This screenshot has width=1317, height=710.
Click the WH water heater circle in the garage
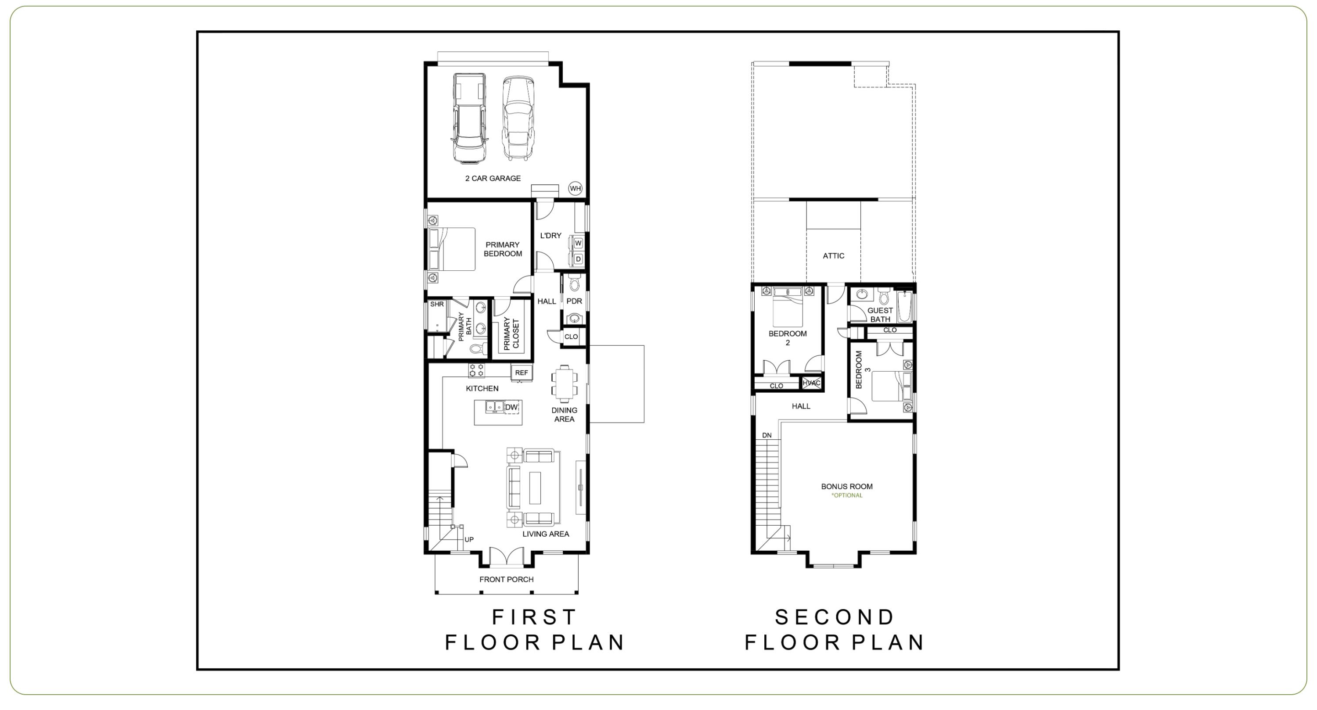coord(575,189)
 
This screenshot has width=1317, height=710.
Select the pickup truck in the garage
coord(468,118)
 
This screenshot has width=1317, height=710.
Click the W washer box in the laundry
coord(578,243)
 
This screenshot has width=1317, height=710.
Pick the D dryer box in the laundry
coord(578,259)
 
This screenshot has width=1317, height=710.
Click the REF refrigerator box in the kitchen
coord(522,373)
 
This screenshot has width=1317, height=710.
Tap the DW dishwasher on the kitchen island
coord(512,407)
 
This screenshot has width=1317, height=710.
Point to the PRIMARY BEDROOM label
coord(503,249)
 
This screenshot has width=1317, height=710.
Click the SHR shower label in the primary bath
coord(437,304)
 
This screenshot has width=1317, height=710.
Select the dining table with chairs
coord(564,384)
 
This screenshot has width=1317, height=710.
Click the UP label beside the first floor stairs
coord(469,539)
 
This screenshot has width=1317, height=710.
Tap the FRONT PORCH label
coord(506,579)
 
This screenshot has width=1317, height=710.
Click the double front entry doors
coord(506,557)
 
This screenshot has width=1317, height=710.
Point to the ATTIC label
coord(833,255)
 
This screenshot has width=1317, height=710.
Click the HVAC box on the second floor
coord(811,383)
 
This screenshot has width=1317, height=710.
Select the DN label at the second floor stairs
coord(767,435)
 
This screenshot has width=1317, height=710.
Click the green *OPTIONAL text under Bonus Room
coord(847,495)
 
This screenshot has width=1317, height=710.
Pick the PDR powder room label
coord(574,301)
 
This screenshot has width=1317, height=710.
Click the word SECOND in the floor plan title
coord(835,617)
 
